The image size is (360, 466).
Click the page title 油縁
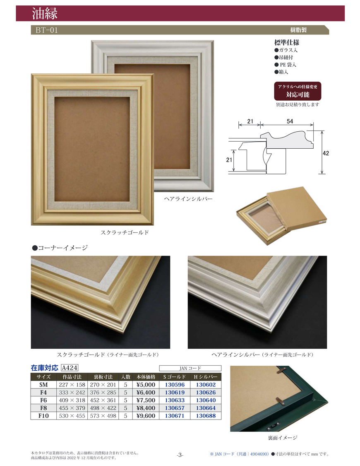(x=45, y=14)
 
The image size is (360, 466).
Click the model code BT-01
(x=47, y=30)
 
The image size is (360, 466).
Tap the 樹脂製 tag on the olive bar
(x=298, y=30)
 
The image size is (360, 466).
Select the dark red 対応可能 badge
(x=298, y=91)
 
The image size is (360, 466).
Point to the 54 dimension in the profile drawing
(x=290, y=121)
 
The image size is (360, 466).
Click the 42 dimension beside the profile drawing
(x=326, y=153)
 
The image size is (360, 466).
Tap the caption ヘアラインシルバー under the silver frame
(x=188, y=199)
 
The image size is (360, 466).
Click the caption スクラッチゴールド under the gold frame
(x=125, y=232)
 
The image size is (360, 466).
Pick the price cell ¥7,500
(x=146, y=400)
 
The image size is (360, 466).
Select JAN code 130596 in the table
(x=175, y=384)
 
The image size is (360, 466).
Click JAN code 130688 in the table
(x=206, y=416)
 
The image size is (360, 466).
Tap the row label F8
(x=43, y=408)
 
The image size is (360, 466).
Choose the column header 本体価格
(x=146, y=377)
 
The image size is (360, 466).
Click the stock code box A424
(x=70, y=368)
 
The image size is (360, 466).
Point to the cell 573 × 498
(x=103, y=416)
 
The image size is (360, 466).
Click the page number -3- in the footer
(x=180, y=455)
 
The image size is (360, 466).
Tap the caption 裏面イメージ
(x=283, y=438)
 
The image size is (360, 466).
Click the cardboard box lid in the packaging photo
(x=297, y=208)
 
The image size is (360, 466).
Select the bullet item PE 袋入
(x=285, y=65)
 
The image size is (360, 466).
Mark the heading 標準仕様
(x=287, y=43)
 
